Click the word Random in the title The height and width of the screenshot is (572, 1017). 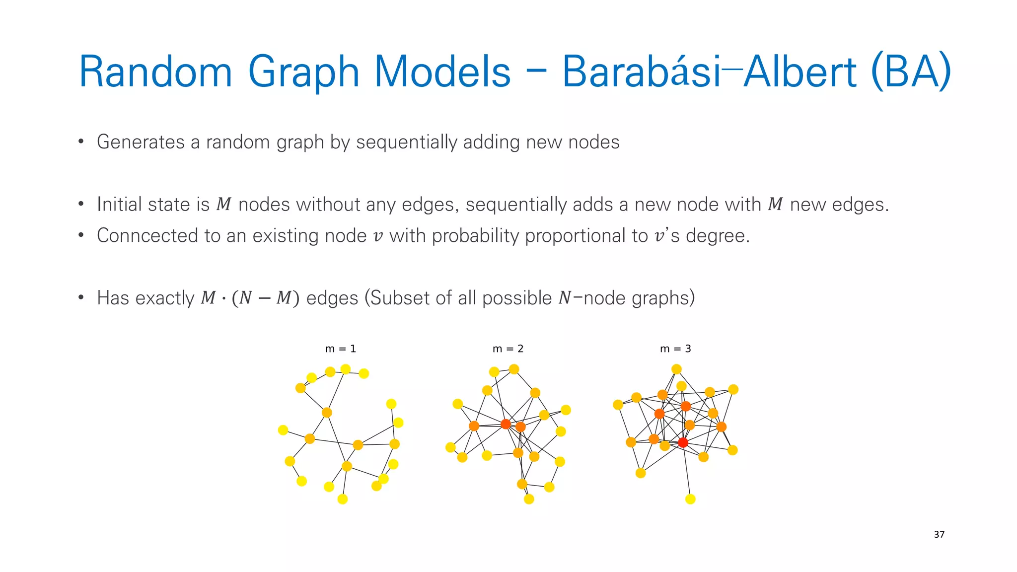tap(155, 71)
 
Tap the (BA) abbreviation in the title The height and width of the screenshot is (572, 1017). tap(911, 71)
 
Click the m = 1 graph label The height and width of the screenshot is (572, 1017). tap(340, 349)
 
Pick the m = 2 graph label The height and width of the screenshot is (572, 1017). tap(508, 349)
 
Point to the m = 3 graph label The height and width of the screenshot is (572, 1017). tap(675, 349)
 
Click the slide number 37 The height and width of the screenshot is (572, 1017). tap(939, 534)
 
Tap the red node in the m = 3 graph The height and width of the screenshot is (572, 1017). tap(683, 442)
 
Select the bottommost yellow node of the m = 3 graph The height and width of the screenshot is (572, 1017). tap(690, 499)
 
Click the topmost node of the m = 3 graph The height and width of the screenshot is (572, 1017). tap(676, 369)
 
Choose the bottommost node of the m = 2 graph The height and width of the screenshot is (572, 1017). tap(529, 499)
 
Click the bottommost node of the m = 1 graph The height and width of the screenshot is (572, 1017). tap(343, 499)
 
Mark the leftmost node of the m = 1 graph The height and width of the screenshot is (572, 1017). tap(283, 430)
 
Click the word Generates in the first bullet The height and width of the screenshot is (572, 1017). tap(141, 143)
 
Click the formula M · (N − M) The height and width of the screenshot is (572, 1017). tap(250, 298)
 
